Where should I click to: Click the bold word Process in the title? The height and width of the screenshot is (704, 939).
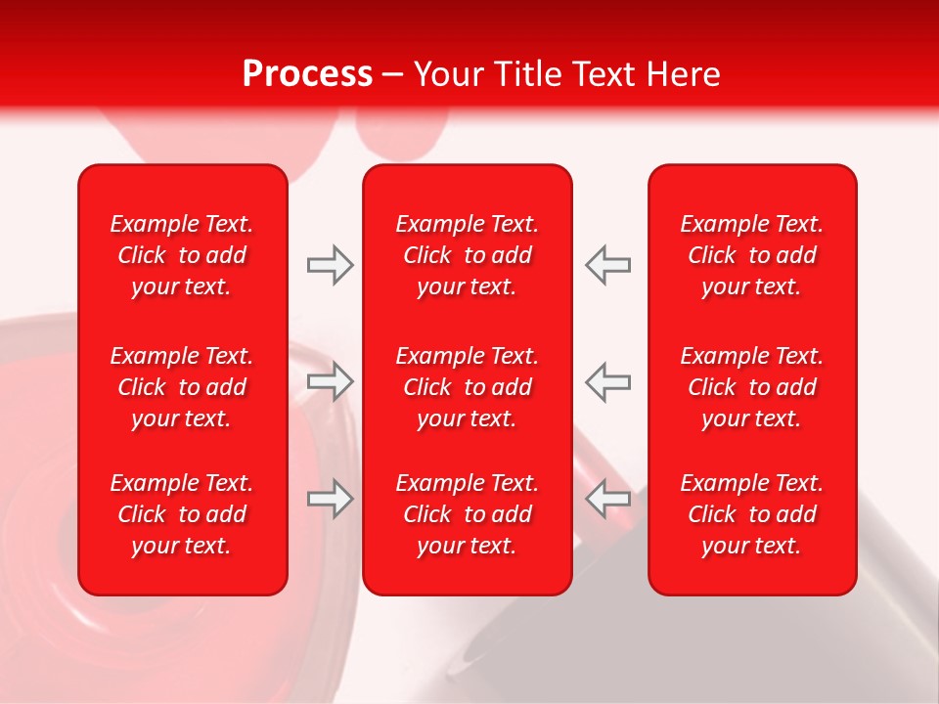(307, 74)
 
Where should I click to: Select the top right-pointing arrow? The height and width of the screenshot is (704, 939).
(331, 265)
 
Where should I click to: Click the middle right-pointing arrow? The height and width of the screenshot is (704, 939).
(331, 381)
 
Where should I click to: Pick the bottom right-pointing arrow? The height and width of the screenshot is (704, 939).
(331, 499)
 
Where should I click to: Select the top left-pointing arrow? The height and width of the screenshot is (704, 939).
(607, 265)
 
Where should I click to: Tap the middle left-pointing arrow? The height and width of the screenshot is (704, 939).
(607, 381)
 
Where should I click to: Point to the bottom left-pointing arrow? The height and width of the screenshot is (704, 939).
(607, 499)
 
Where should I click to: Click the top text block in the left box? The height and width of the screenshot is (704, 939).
(182, 255)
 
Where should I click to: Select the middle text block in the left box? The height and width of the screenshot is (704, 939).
(182, 387)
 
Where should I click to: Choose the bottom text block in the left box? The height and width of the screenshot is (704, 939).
(182, 514)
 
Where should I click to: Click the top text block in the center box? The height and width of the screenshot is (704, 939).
(468, 255)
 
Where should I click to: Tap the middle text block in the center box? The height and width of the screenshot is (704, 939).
(468, 387)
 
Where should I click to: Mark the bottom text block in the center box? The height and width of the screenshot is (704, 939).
(468, 514)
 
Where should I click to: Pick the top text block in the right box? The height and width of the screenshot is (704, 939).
(752, 255)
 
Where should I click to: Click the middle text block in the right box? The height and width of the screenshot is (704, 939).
(752, 387)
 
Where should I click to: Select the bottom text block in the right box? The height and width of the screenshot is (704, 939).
(752, 514)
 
